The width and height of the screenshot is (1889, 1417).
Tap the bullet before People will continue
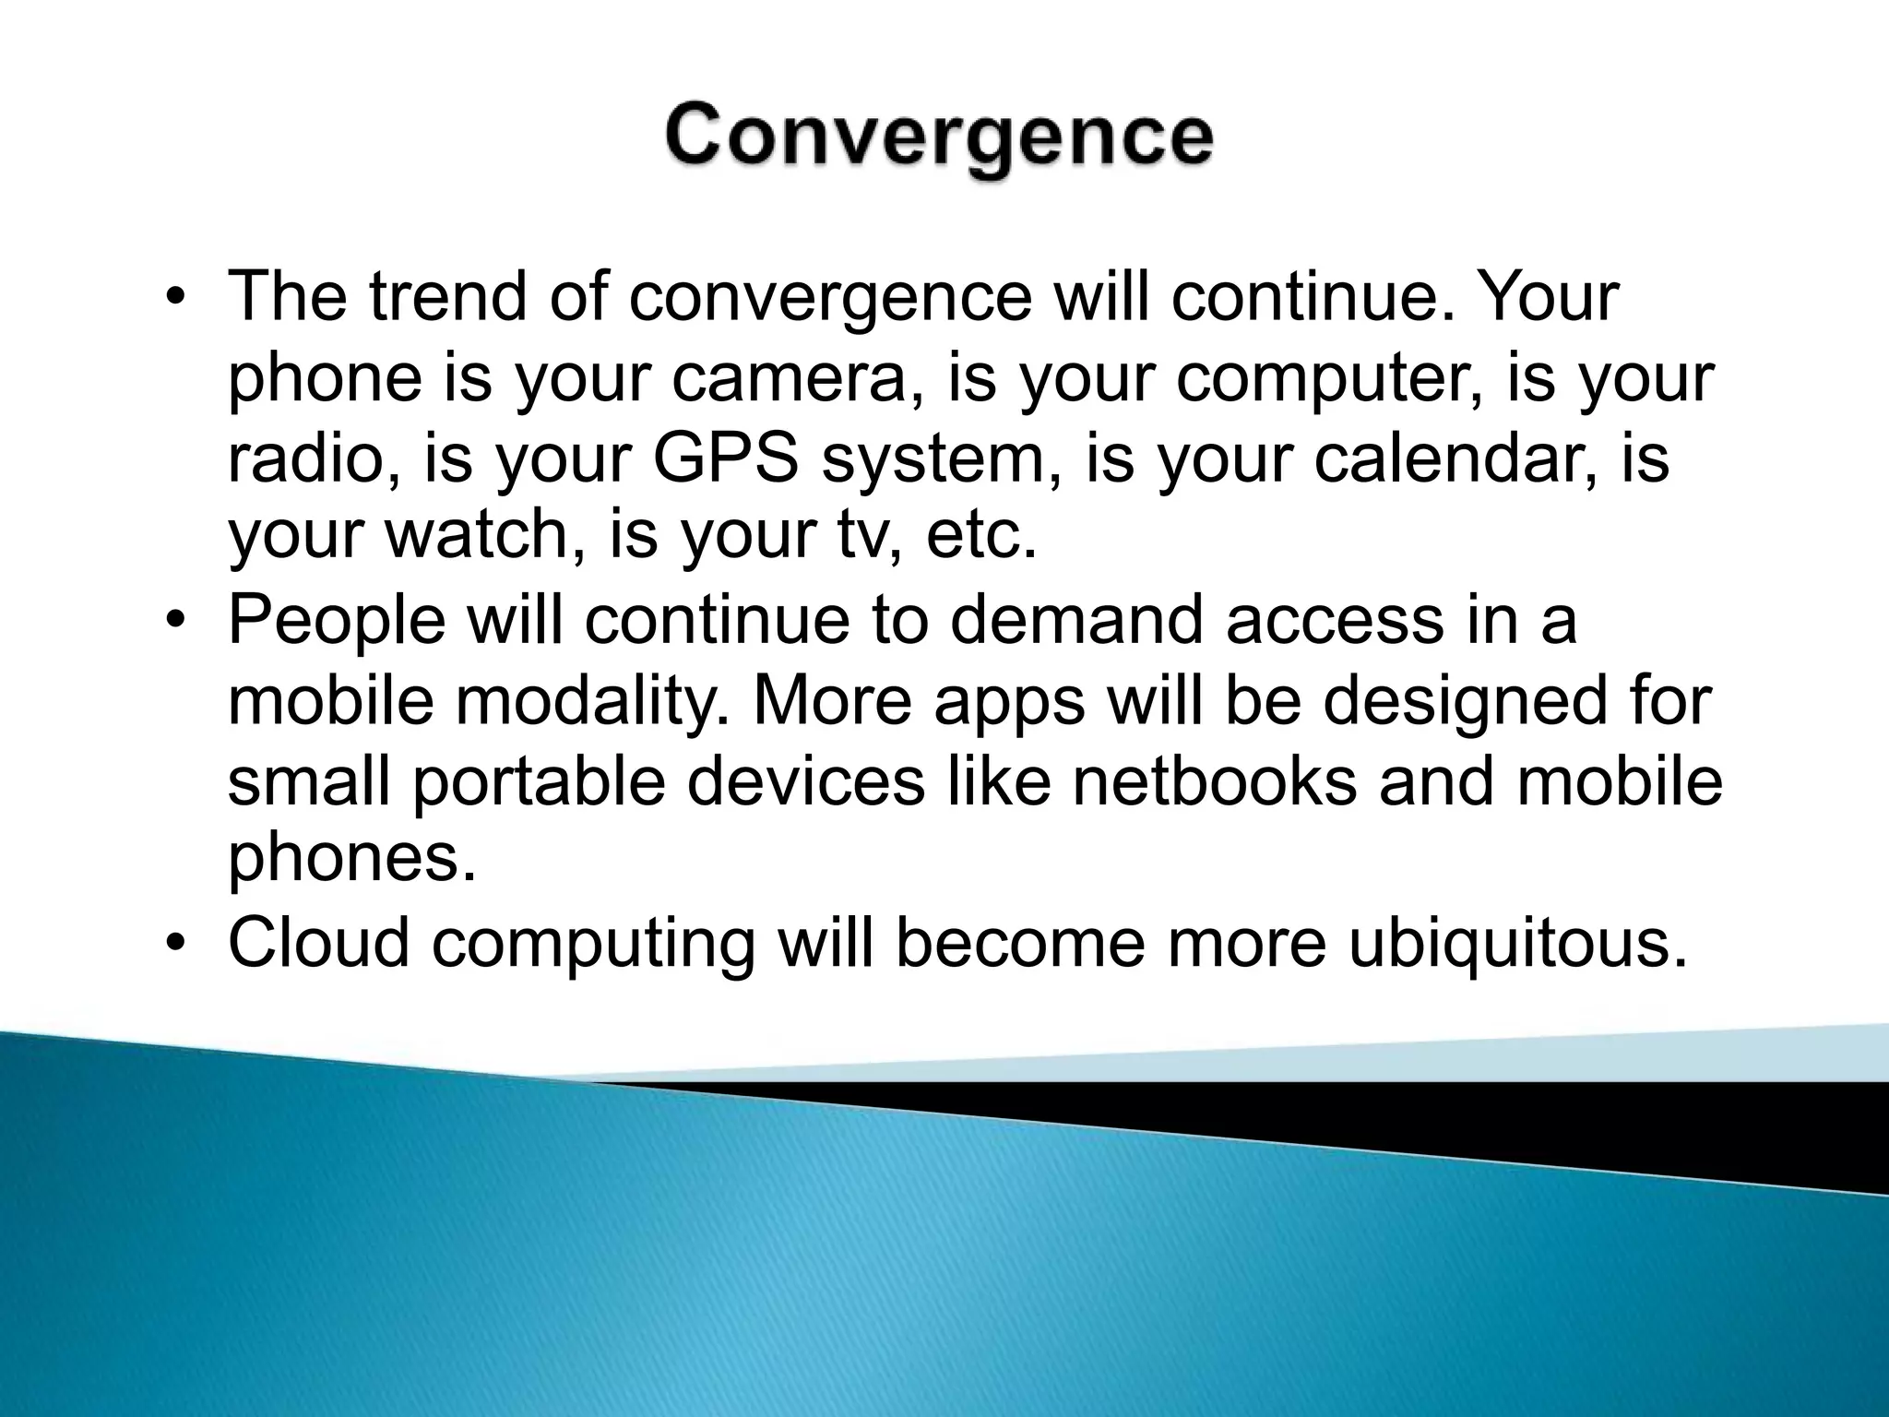(175, 621)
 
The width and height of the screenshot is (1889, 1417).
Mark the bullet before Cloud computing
(175, 944)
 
